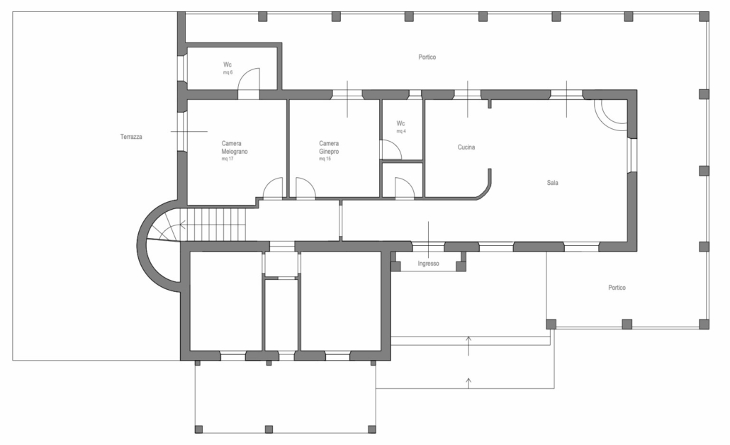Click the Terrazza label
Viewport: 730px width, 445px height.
131,137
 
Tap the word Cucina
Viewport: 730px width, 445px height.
466,147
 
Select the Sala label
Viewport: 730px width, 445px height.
553,183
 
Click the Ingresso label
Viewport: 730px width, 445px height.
428,264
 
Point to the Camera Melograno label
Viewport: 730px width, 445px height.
235,147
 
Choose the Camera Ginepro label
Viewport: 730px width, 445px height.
329,147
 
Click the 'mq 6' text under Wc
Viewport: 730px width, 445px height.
228,72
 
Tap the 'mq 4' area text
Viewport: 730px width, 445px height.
401,131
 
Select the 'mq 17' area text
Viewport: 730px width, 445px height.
228,159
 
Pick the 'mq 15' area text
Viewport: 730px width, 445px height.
325,159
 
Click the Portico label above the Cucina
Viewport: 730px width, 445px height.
427,57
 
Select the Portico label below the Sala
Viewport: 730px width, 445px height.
617,288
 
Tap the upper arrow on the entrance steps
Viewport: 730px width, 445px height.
468,345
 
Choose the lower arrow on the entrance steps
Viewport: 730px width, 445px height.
468,383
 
